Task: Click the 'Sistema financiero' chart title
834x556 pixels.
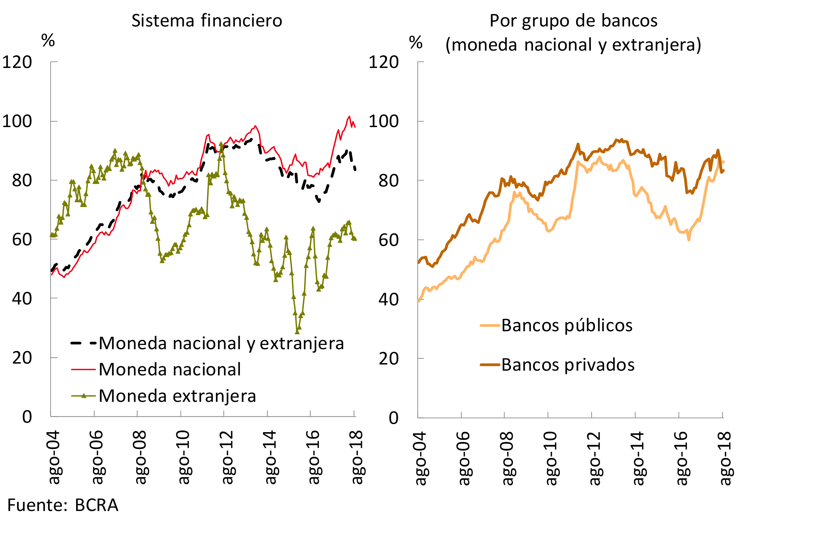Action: click(207, 21)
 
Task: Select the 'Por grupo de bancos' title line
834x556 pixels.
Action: click(573, 21)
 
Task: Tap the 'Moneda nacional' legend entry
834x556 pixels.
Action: click(169, 369)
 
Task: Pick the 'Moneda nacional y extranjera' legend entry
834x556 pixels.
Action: click(221, 343)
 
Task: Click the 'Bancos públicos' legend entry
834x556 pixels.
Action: click(567, 325)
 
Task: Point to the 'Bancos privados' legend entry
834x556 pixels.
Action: click(567, 364)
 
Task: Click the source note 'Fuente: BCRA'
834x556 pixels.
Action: click(63, 505)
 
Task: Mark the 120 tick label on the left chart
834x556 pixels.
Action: click(17, 62)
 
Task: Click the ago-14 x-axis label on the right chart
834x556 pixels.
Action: click(639, 458)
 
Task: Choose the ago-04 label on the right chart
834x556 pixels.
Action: click(421, 458)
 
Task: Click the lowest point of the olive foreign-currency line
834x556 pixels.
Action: click(297, 332)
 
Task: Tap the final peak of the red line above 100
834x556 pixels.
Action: click(349, 117)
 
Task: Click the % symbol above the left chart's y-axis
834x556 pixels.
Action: click(48, 40)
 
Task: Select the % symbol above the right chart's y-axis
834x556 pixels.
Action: click(416, 43)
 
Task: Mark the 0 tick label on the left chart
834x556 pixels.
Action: click(27, 417)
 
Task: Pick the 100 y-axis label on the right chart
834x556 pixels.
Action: click(384, 121)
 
